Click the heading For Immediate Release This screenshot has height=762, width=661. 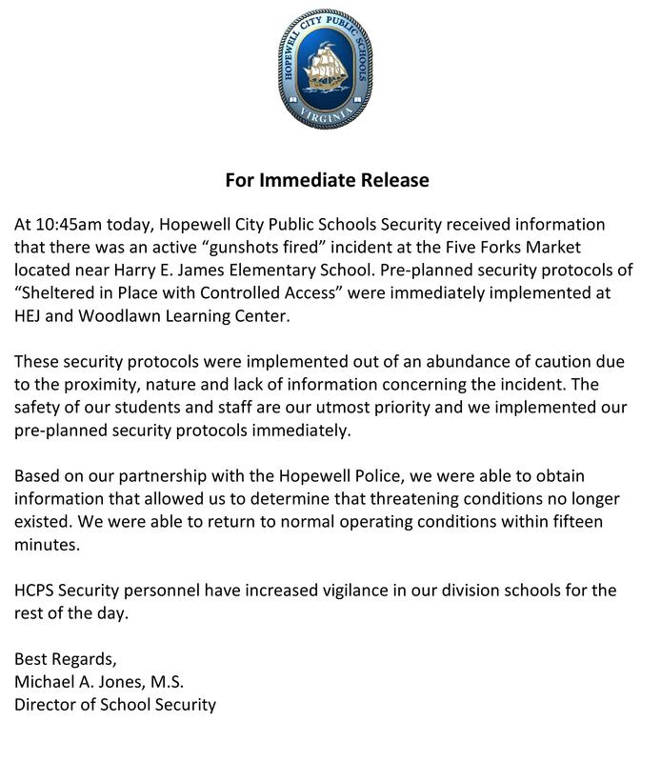[x=328, y=179]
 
